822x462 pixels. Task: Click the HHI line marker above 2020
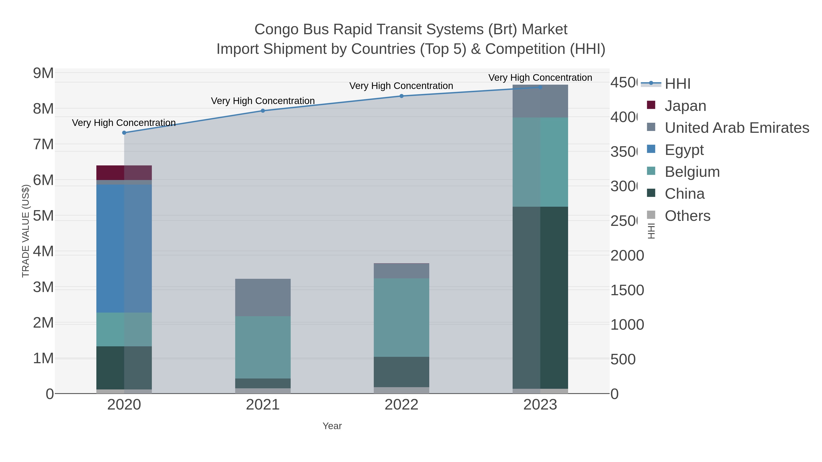click(x=124, y=133)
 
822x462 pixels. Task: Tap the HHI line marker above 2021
click(x=263, y=111)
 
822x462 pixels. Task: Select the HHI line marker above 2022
click(x=401, y=96)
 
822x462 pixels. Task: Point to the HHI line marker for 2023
click(x=540, y=87)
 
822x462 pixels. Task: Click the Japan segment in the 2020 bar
click(x=124, y=172)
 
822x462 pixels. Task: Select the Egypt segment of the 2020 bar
click(x=124, y=248)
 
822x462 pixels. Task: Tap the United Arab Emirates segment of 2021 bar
click(x=263, y=298)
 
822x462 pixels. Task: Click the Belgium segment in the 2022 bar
click(x=401, y=317)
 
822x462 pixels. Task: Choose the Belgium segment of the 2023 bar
click(x=540, y=162)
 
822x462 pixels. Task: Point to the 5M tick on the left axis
click(x=43, y=216)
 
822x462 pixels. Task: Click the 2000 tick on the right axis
click(x=627, y=256)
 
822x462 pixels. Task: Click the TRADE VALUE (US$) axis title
click(x=26, y=231)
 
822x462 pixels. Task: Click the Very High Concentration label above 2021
click(x=263, y=101)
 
